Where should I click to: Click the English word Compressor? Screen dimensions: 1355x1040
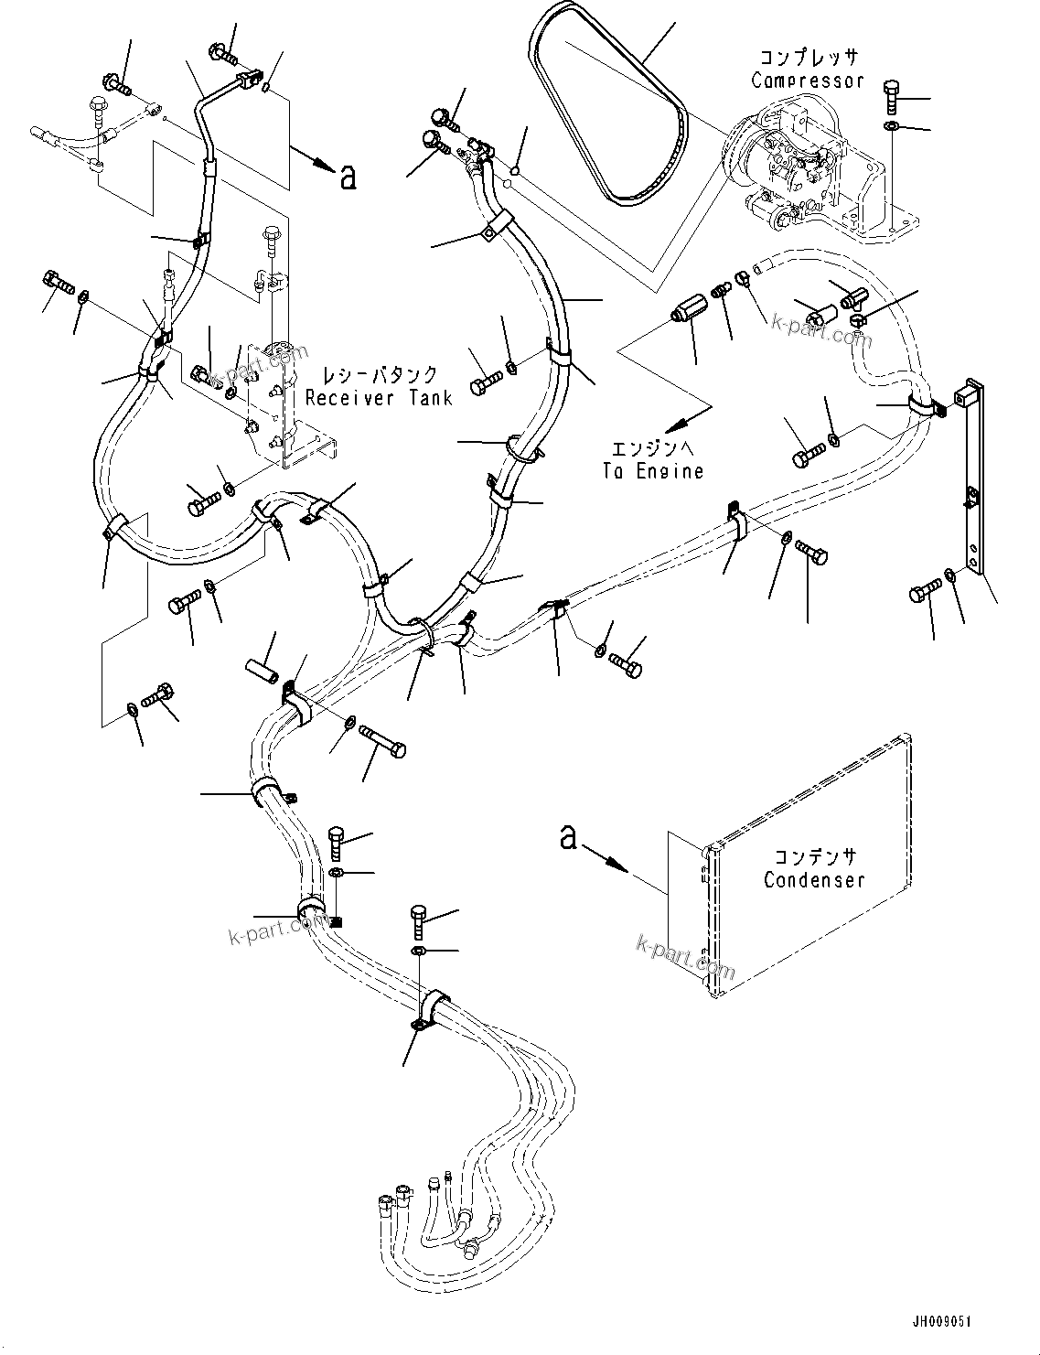[x=807, y=81]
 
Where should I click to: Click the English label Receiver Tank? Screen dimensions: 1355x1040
[x=379, y=398]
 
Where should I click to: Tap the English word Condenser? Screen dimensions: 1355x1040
[x=813, y=880]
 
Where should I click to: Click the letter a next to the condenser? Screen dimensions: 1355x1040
[x=569, y=836]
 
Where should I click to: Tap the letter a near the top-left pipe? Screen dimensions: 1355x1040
[x=347, y=177]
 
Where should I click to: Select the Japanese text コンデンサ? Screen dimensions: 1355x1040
[x=814, y=857]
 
